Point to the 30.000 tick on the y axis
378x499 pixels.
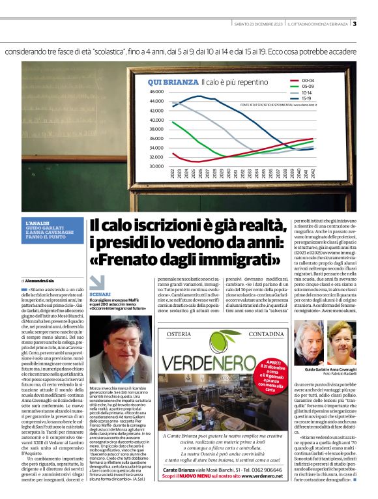click(156, 166)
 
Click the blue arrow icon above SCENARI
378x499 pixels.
click(96, 282)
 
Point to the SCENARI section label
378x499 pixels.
click(100, 294)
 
